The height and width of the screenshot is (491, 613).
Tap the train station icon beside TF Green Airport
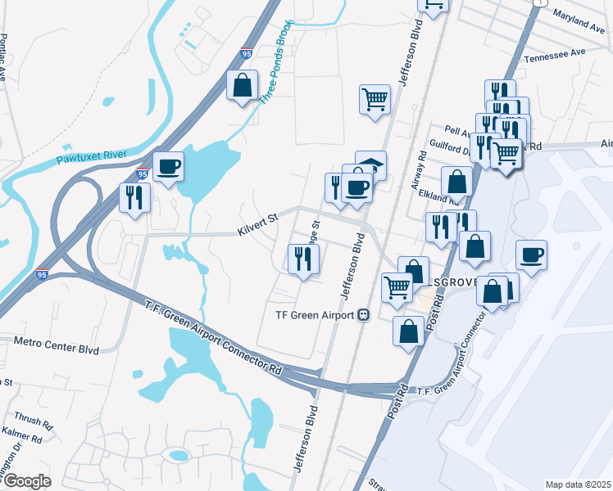tap(363, 315)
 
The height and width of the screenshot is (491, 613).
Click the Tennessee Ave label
tap(555, 52)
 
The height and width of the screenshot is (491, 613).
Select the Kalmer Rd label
tap(23, 439)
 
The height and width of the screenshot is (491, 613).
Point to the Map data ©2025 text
tap(578, 484)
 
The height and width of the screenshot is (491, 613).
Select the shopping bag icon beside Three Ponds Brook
tap(243, 84)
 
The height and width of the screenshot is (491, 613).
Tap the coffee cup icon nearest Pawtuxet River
tap(169, 167)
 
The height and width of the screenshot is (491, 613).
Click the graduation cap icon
tap(370, 164)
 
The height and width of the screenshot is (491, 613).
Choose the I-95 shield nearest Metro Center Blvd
tap(43, 274)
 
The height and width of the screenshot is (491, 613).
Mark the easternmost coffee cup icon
tap(531, 255)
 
